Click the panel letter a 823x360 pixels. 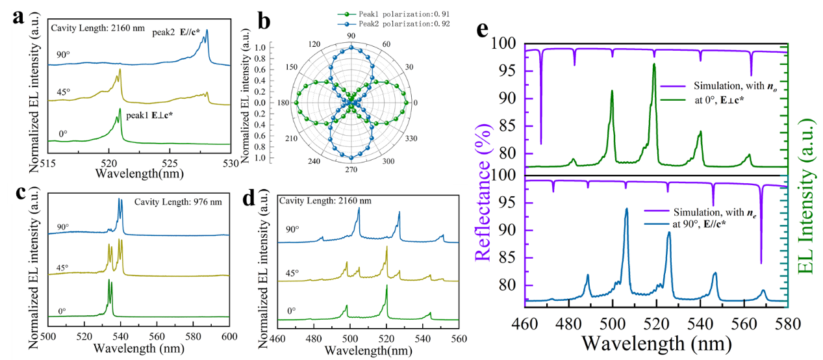pos(19,18)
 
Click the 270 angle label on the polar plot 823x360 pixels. pos(351,170)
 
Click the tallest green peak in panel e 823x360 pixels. pos(654,64)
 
